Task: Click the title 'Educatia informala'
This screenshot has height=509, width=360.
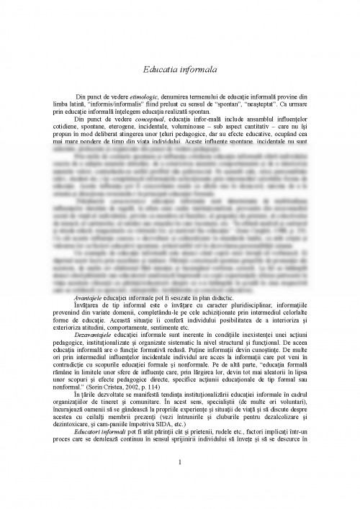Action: pos(180,70)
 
